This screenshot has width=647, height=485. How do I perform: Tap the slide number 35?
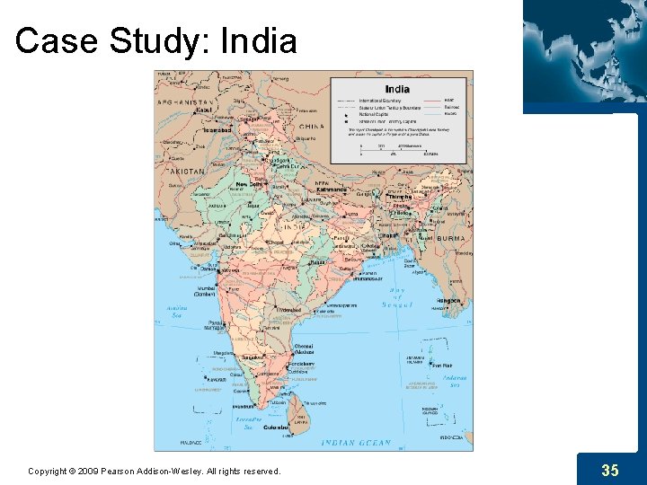pyautogui.click(x=610, y=470)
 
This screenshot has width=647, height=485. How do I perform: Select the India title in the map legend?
pyautogui.click(x=397, y=88)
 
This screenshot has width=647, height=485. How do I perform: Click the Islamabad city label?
pyautogui.click(x=217, y=130)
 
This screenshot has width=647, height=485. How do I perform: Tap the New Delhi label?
pyautogui.click(x=247, y=184)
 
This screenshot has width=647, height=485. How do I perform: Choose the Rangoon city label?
pyautogui.click(x=448, y=301)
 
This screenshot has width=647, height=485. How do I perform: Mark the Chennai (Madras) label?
pyautogui.click(x=304, y=349)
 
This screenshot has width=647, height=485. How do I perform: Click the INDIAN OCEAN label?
pyautogui.click(x=357, y=443)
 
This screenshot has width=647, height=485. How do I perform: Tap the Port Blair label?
pyautogui.click(x=441, y=366)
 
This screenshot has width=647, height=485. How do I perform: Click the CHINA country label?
pyautogui.click(x=312, y=127)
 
